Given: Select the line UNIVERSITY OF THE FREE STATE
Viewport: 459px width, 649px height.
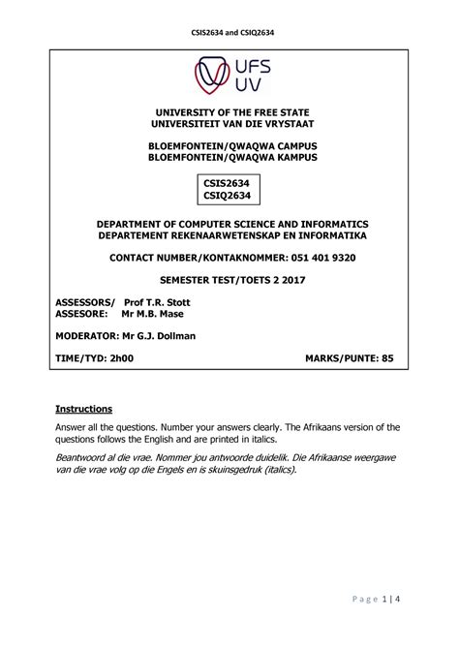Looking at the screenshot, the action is click(229, 114).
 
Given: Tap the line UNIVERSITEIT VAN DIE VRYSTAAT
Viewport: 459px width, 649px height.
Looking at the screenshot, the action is click(229, 127).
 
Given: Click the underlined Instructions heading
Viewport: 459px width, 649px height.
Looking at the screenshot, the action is click(84, 408).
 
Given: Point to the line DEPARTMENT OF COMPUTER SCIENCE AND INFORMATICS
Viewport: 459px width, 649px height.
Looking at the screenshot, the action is click(229, 224).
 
